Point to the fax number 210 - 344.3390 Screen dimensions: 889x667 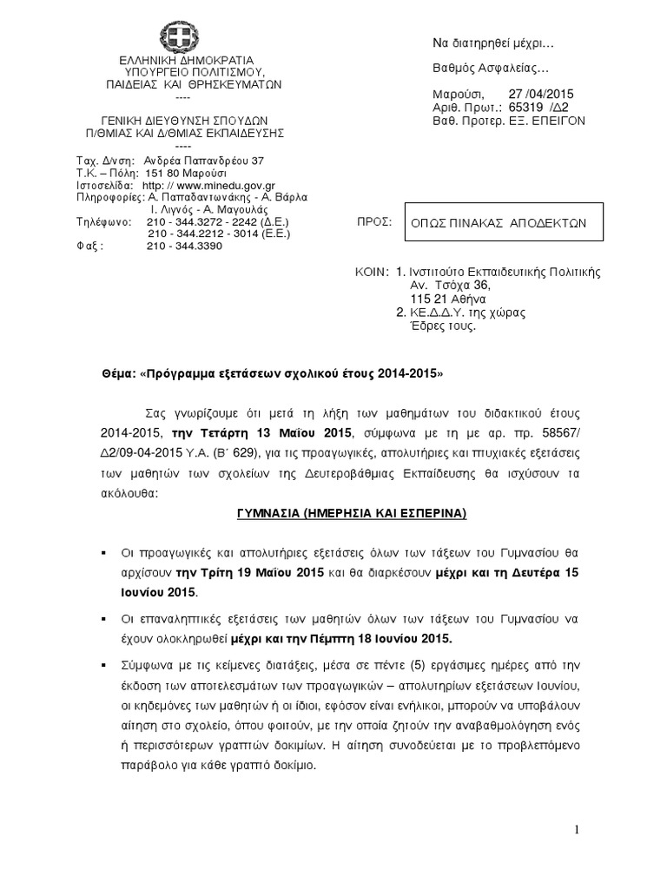coord(185,246)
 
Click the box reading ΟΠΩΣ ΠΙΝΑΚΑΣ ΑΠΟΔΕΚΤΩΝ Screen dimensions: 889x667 coord(499,222)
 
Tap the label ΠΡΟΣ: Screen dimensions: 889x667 coord(372,223)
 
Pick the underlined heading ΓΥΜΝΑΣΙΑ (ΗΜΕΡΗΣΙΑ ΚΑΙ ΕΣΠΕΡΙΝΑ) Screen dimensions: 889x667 coord(340,514)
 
